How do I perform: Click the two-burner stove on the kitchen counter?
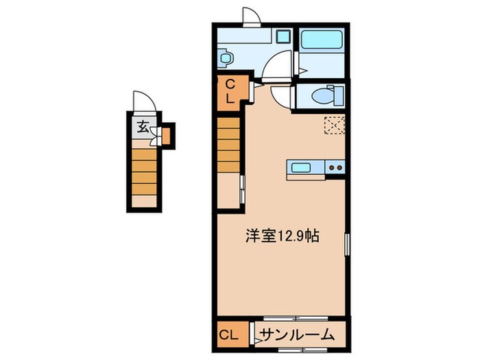tap(335, 167)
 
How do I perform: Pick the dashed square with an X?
tap(335, 126)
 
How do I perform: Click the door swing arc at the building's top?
tap(251, 16)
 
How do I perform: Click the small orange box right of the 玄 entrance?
tap(167, 134)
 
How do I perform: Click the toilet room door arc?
tap(281, 96)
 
